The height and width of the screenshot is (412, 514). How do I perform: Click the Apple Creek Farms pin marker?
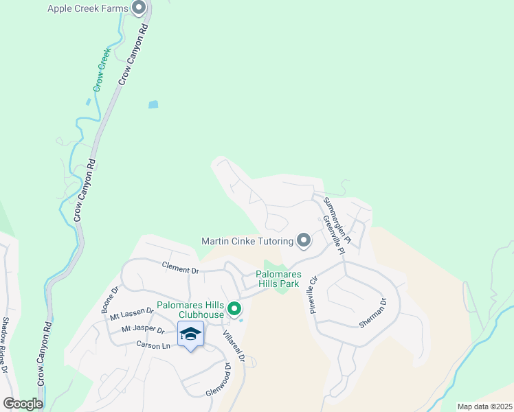click(x=139, y=8)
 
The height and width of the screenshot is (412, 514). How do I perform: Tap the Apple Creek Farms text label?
click(x=88, y=8)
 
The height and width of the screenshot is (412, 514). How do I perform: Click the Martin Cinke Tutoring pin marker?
click(x=304, y=240)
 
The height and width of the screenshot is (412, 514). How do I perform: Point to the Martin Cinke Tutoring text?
click(x=247, y=241)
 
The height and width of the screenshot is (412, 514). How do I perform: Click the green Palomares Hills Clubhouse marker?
click(x=234, y=310)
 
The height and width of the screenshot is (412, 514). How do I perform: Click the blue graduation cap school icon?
click(x=190, y=334)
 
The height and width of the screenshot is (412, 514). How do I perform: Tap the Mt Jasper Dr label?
click(x=142, y=330)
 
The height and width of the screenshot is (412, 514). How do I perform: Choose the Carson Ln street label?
click(x=152, y=344)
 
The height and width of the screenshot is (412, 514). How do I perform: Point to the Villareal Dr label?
click(x=234, y=347)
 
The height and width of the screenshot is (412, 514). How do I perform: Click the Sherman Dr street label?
click(x=373, y=313)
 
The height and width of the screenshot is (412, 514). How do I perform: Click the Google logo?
click(x=22, y=404)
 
